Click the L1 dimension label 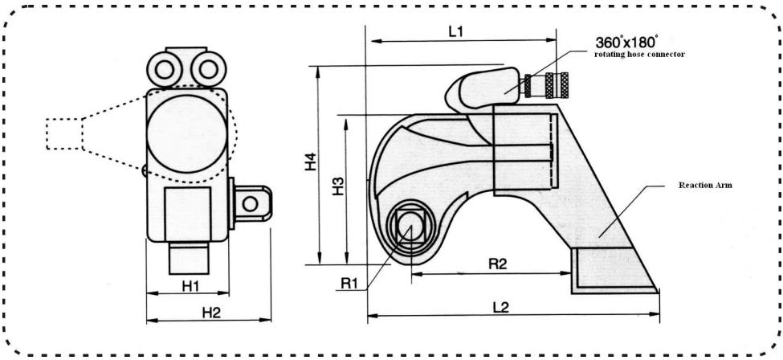coord(456,32)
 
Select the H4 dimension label coord(311,163)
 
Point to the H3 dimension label coord(339,186)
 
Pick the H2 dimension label coord(211,313)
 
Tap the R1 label coord(349,283)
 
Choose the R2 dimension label coord(497,264)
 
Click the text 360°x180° coord(626,42)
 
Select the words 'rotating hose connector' coord(639,54)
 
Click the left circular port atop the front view coord(164,69)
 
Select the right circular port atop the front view coord(208,69)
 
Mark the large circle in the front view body coord(187,134)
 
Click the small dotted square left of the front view coord(63,134)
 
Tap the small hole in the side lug coord(251,203)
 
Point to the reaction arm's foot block coord(614,270)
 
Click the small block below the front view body coord(189,258)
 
